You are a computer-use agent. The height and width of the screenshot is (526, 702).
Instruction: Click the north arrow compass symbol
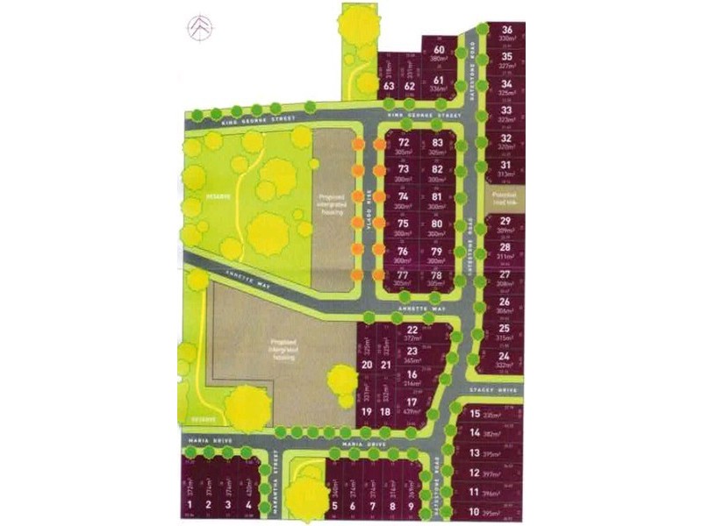click(x=201, y=27)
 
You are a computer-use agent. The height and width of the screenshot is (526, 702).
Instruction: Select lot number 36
click(x=506, y=33)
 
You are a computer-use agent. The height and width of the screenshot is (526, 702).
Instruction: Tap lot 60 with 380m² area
click(x=439, y=55)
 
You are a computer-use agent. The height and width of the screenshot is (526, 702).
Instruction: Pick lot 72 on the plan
click(x=404, y=146)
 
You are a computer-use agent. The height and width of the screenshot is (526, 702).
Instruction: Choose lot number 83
click(x=438, y=146)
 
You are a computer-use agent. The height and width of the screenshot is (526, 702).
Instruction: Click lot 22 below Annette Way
click(x=412, y=333)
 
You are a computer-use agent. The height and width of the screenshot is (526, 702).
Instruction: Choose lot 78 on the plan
click(x=438, y=278)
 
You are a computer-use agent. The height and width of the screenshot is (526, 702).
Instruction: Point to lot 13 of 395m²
click(x=475, y=453)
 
